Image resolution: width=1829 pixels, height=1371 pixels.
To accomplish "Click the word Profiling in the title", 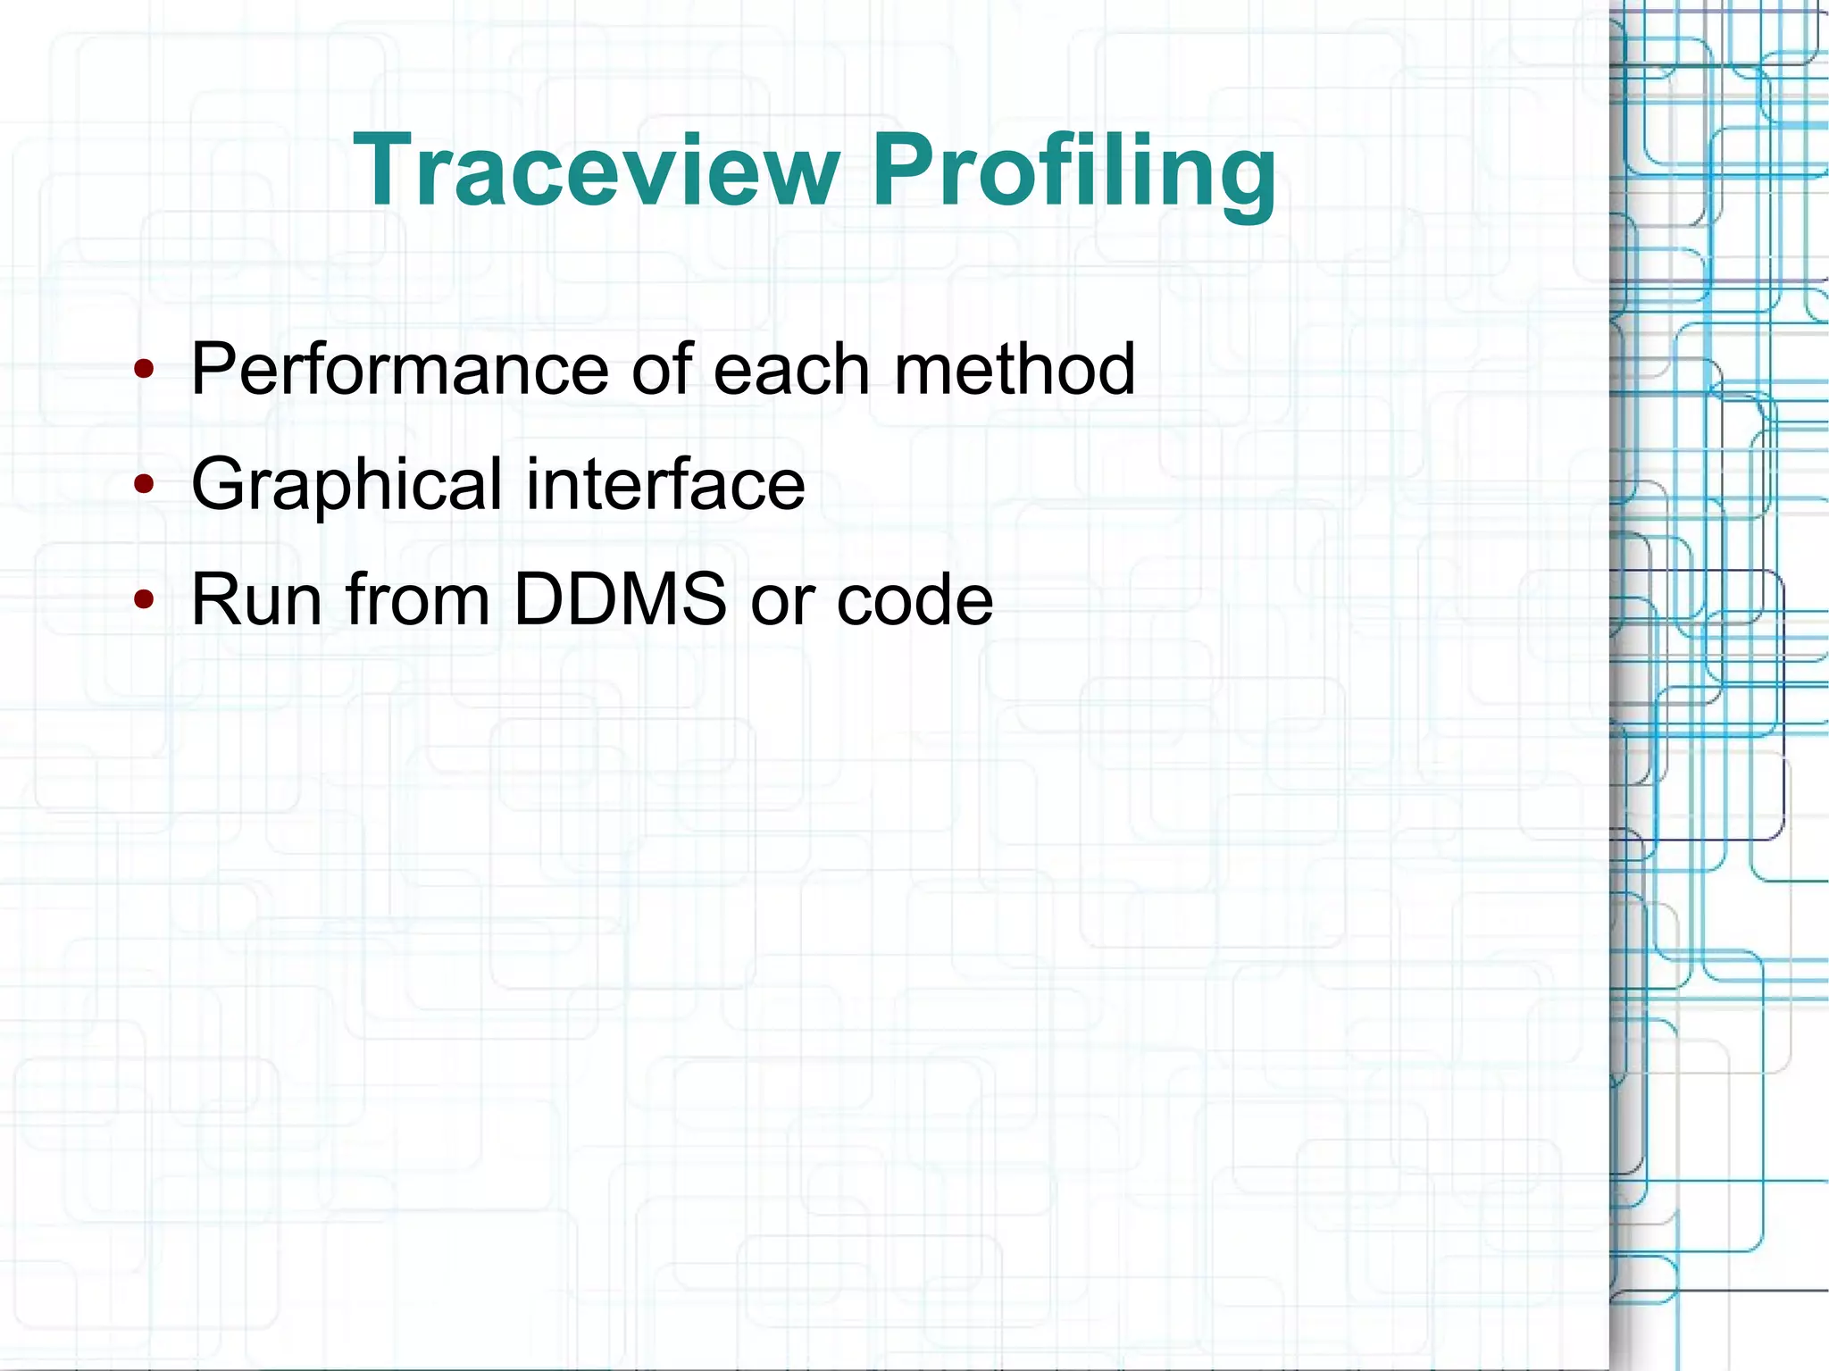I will click(x=1073, y=171).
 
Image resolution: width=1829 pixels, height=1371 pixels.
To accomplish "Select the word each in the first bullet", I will click(x=791, y=369).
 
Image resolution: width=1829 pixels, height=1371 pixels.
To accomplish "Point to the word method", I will click(x=1015, y=369).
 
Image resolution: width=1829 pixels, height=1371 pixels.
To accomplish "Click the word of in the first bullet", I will click(x=661, y=369).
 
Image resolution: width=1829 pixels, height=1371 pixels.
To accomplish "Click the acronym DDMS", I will click(x=621, y=599).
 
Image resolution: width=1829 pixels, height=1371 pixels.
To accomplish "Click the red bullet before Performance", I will click(x=144, y=369).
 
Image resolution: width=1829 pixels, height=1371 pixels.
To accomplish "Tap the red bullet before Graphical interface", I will click(x=144, y=484).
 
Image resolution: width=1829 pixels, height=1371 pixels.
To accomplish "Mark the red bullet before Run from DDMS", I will click(x=144, y=599).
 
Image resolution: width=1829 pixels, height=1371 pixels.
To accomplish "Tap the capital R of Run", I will click(x=215, y=599).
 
